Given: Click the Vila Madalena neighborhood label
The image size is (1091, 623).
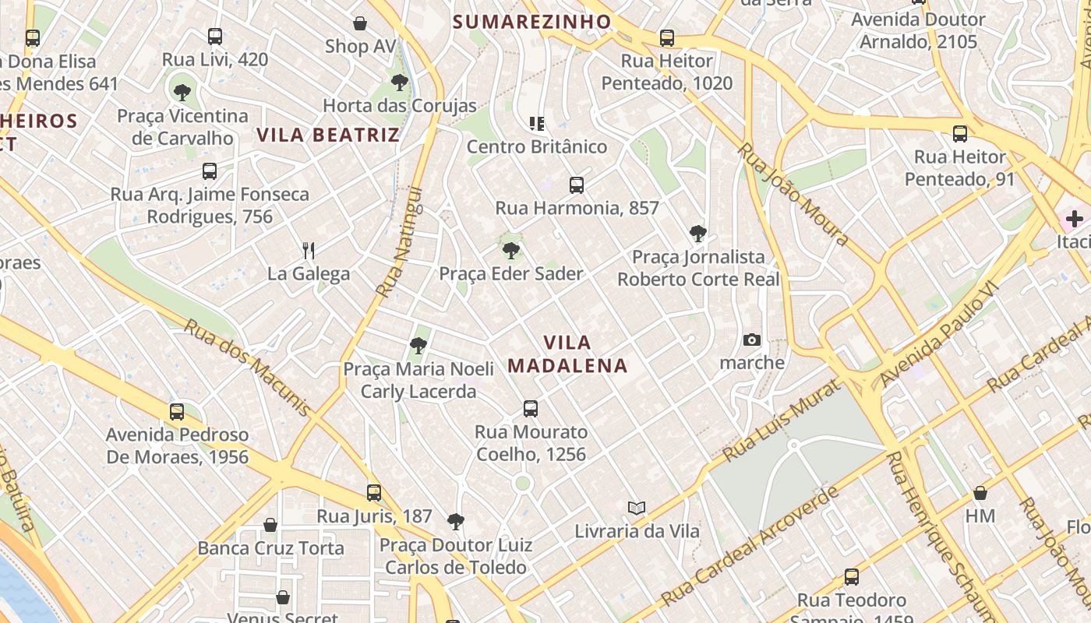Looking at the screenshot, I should pos(567,354).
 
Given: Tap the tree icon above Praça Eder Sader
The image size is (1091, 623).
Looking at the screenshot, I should pos(511,251).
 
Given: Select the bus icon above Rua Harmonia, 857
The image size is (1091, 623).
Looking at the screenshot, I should pos(577,185).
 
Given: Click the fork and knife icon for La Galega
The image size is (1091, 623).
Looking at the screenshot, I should pos(309,250).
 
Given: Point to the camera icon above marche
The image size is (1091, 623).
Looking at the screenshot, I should pos(752,340).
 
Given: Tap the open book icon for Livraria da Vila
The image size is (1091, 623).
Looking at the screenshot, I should pos(637,509).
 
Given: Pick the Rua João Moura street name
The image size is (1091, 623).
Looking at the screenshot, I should pos(793,195).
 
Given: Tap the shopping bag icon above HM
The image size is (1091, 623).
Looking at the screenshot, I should pos(980,493).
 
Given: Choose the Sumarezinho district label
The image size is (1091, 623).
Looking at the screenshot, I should pos(532,22).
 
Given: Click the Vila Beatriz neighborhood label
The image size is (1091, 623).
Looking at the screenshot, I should pos(328,135).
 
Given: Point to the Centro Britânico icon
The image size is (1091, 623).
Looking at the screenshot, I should pos(536,123).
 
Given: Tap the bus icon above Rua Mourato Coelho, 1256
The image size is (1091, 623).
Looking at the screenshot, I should pos(531,409).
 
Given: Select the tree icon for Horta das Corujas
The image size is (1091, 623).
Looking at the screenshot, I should pos(400,83).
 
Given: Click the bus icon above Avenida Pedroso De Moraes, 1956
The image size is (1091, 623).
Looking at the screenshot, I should pos(177,412).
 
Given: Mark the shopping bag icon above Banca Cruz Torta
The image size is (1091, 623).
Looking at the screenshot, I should pos(270,526).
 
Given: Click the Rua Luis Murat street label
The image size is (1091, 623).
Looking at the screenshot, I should pos(782,421).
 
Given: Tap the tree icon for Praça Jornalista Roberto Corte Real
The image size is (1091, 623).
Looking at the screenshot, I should pos(698,234).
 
